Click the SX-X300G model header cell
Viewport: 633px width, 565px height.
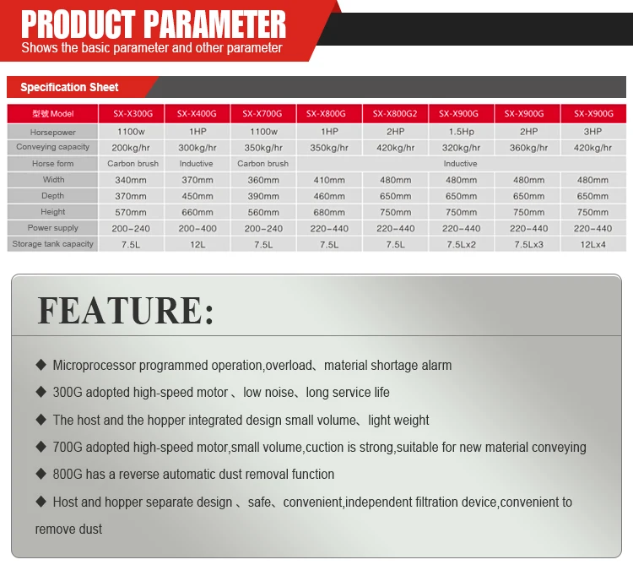pos(132,114)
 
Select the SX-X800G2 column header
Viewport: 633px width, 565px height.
pos(395,114)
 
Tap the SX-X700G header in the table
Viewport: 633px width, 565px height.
pos(262,114)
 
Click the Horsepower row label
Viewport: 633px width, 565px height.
pos(53,132)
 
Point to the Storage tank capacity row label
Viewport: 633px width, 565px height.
pos(53,244)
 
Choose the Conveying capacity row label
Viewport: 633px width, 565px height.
pos(53,148)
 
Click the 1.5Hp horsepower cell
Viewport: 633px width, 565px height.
pos(461,132)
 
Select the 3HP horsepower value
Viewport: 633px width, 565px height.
pos(592,132)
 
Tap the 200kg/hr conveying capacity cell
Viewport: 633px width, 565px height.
pos(132,148)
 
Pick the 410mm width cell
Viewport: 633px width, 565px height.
pos(329,180)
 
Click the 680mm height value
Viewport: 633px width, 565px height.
pos(329,212)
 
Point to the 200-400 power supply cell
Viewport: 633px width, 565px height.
pos(197,228)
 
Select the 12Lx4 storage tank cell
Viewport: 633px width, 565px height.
pos(592,244)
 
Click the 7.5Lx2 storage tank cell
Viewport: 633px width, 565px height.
pos(461,244)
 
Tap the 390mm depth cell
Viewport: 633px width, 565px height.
pos(262,196)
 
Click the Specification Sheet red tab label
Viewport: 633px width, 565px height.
pos(69,87)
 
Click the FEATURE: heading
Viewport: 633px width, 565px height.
pos(126,310)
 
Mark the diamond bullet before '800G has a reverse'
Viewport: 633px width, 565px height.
pos(41,474)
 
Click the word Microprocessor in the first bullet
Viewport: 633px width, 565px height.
pos(94,366)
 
